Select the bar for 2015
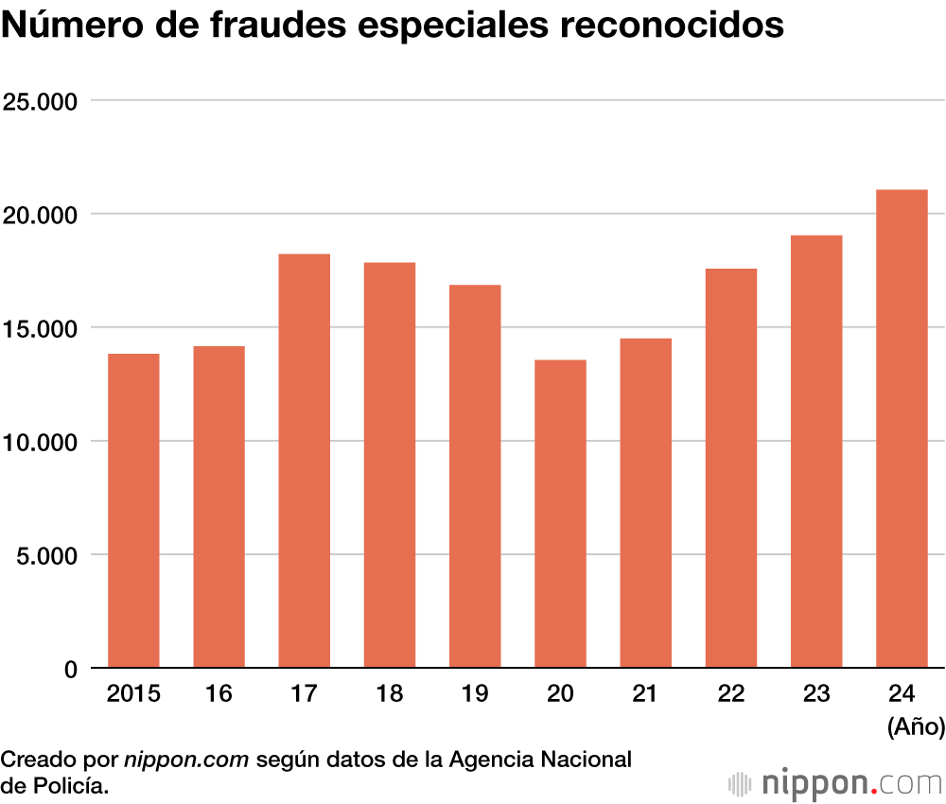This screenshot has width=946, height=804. click(x=133, y=511)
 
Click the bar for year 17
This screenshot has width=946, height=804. click(x=304, y=461)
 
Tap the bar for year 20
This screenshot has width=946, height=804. click(x=560, y=514)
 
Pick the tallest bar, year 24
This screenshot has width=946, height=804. click(x=902, y=428)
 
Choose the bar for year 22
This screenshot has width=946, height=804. click(x=730, y=468)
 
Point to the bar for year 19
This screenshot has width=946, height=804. click(x=475, y=476)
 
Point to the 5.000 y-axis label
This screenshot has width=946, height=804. click(x=45, y=555)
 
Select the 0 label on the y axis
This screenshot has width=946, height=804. click(x=70, y=669)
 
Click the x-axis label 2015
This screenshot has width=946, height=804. click(x=133, y=695)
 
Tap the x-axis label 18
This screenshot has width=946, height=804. click(x=389, y=695)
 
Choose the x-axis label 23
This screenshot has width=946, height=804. click(x=816, y=695)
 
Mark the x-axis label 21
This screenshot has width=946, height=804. click(x=645, y=695)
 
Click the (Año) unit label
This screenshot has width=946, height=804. click(x=916, y=726)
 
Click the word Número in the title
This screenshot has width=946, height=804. click(x=66, y=25)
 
